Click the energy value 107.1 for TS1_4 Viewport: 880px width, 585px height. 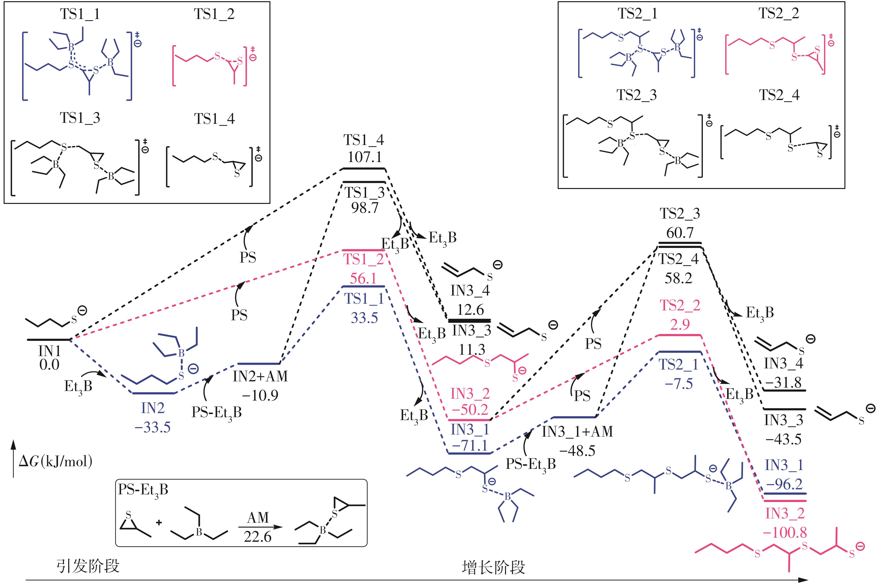tap(364, 157)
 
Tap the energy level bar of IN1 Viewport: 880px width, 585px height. tap(49, 340)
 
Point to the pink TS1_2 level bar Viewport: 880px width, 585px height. tap(363, 250)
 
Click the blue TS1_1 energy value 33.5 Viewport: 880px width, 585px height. tap(364, 318)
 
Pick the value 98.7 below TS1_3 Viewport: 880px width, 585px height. tap(364, 208)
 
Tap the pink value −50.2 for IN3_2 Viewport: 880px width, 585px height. tap(470, 410)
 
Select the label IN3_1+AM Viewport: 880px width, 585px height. tap(577, 432)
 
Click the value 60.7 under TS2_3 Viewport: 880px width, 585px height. tap(680, 233)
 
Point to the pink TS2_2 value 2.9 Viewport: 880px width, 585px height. tap(680, 325)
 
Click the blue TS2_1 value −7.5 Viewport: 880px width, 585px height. tap(679, 384)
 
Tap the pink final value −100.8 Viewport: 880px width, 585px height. tap(785, 532)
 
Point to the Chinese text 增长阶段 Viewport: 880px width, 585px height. tap(493, 567)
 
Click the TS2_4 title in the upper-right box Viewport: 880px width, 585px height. tap(779, 95)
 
